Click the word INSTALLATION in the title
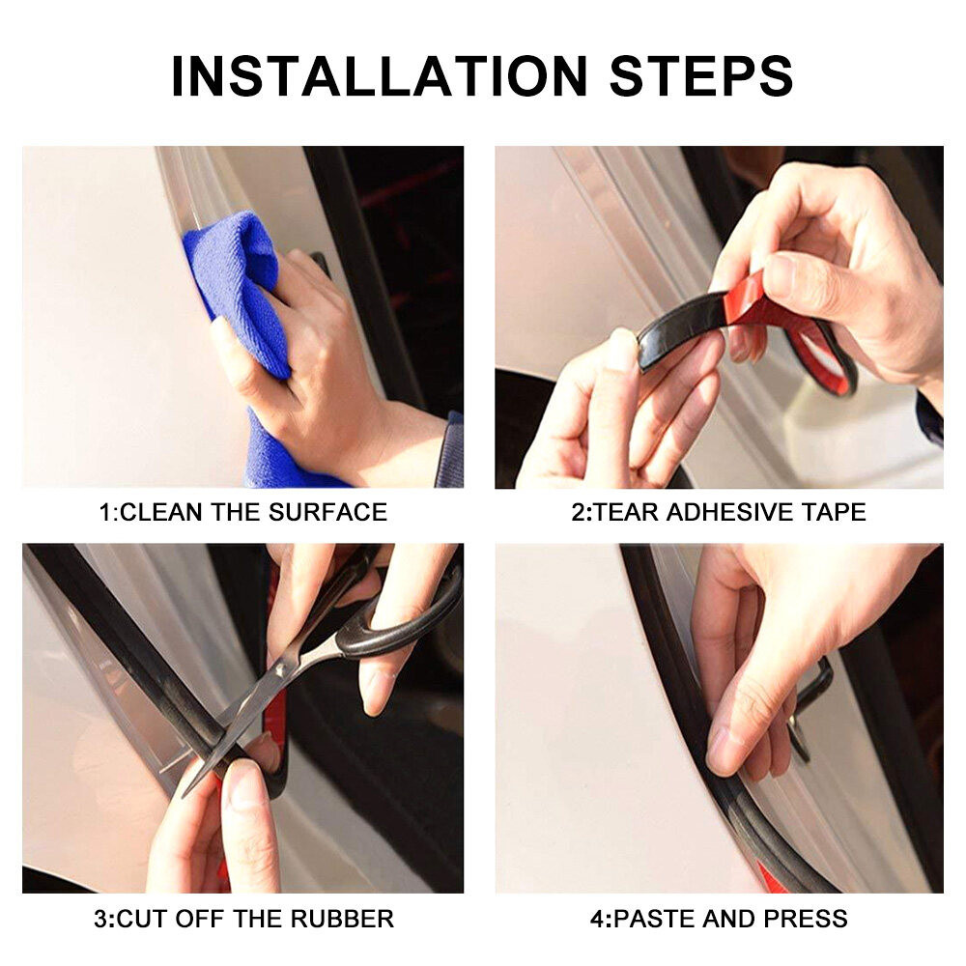(379, 75)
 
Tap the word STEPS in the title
(701, 75)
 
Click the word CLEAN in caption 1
(160, 512)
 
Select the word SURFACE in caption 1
(327, 512)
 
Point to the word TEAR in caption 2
(625, 512)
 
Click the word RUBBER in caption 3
(342, 919)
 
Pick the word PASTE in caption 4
(655, 919)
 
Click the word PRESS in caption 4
(806, 919)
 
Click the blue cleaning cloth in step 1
(241, 290)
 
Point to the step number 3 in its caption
(101, 919)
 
